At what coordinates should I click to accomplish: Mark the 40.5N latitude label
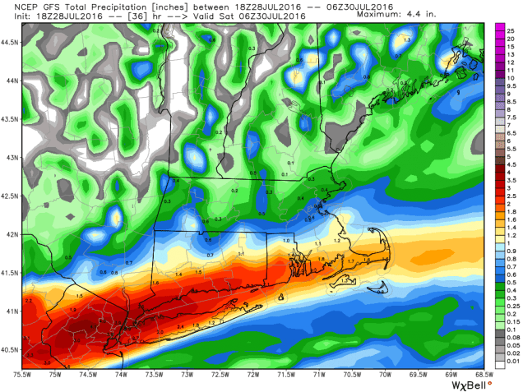(x=10, y=348)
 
